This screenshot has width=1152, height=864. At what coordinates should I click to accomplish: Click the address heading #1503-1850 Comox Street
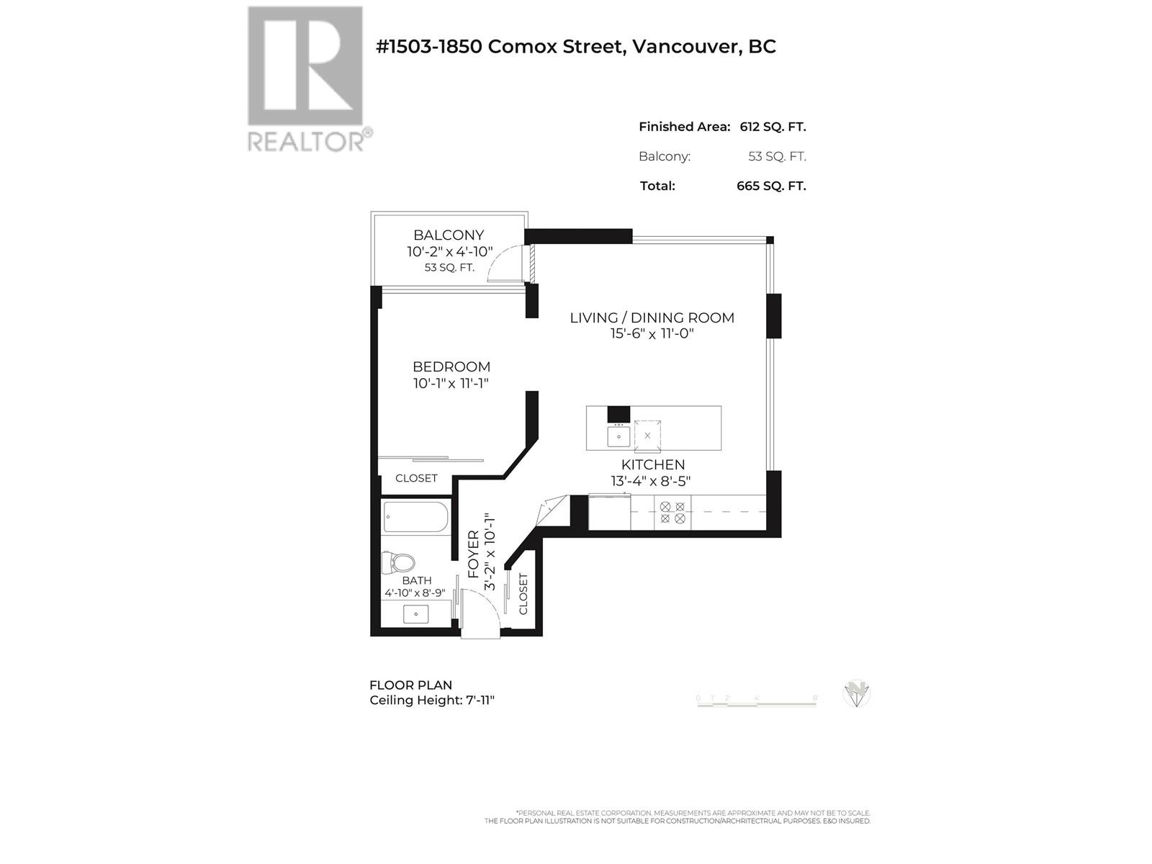point(576,47)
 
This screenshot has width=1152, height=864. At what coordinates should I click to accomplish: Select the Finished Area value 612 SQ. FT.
point(773,127)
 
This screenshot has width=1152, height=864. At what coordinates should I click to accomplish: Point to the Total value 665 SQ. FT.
point(770,186)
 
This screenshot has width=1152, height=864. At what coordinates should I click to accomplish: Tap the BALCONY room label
point(449,235)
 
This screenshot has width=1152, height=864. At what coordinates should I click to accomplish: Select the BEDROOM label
point(451,366)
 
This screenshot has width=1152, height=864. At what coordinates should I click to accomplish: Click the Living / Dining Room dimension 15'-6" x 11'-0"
point(652,333)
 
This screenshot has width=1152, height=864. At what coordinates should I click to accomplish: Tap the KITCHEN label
point(653,464)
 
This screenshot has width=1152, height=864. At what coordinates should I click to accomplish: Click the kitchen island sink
point(618,436)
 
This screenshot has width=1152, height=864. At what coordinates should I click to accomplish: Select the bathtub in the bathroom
point(415,517)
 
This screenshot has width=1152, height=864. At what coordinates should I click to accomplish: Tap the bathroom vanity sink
point(416,614)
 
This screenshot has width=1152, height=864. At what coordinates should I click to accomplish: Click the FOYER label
point(474,554)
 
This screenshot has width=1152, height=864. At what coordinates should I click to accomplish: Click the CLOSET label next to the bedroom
point(416,478)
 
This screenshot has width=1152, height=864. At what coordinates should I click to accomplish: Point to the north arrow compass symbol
point(857,694)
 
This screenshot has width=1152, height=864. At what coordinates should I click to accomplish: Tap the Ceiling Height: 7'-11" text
point(432,700)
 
